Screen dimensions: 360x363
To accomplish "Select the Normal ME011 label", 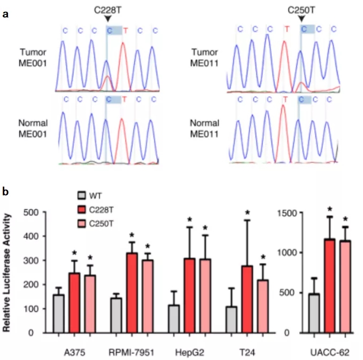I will pyautogui.click(x=205, y=129).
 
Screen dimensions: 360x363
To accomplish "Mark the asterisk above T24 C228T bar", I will pyautogui.click(x=247, y=214).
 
